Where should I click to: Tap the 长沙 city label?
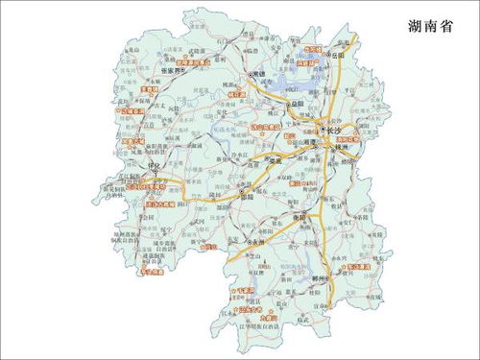point(334,130)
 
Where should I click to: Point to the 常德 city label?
point(260,76)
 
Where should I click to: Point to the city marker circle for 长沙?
point(321,130)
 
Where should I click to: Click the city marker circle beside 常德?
point(249,76)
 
